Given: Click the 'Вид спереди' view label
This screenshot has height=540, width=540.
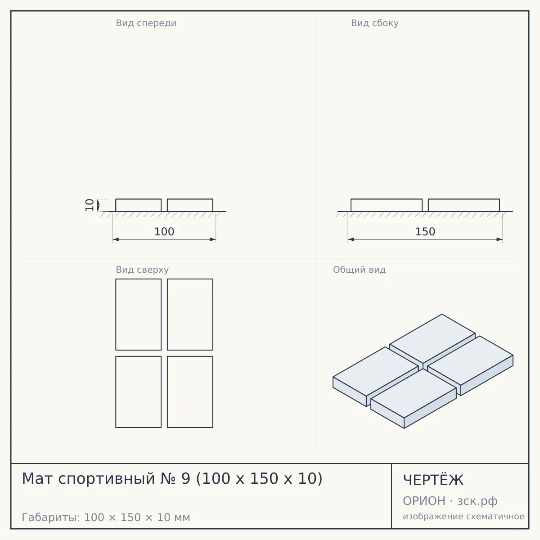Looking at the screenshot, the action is [x=146, y=23].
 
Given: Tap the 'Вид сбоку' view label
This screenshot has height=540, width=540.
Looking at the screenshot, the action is [x=375, y=23].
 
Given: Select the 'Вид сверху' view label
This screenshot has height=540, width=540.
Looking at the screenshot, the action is [x=142, y=270].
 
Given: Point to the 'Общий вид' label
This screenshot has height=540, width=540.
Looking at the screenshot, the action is [x=359, y=270].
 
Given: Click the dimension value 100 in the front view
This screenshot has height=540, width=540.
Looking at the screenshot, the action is [x=164, y=232].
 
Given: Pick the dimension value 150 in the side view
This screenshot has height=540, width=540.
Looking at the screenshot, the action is [x=425, y=232].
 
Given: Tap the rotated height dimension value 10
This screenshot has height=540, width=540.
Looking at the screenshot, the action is [x=90, y=205].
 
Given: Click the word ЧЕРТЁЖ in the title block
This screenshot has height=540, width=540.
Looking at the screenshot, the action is [x=433, y=480].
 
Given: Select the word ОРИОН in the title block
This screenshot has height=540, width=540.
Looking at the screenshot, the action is [x=424, y=501].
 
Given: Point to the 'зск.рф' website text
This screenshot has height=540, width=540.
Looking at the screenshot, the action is [x=477, y=501].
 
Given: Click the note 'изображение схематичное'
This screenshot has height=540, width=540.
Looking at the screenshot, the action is [x=463, y=517].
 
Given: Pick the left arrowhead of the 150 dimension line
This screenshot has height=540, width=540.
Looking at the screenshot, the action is [x=351, y=239].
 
